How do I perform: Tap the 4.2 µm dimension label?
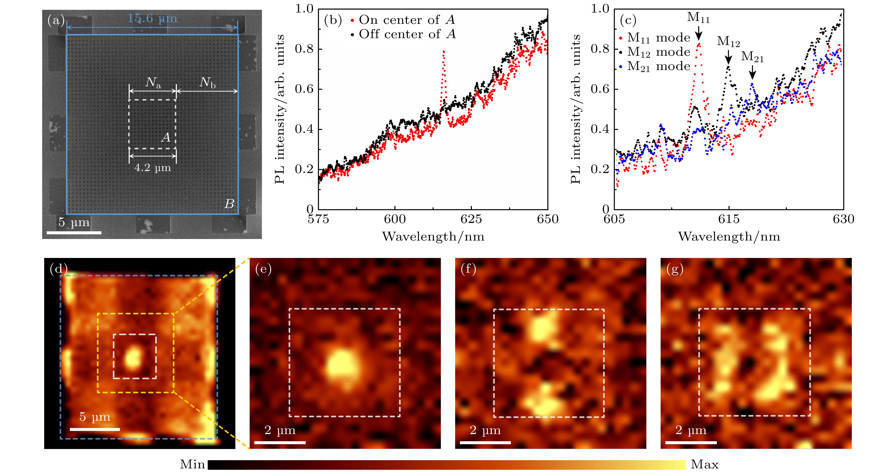coord(152,168)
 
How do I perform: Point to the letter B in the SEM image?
coord(229,204)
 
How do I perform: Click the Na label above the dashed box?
coord(153,83)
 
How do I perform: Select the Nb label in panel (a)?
coord(207,83)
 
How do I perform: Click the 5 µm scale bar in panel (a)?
coord(74,232)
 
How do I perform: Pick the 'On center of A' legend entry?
coord(403,20)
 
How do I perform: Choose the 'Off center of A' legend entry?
coord(403,34)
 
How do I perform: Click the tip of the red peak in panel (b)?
coord(444,52)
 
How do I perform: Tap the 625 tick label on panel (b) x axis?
coord(471,219)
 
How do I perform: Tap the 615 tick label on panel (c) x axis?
coord(729,219)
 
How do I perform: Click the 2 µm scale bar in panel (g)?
coord(691,442)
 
